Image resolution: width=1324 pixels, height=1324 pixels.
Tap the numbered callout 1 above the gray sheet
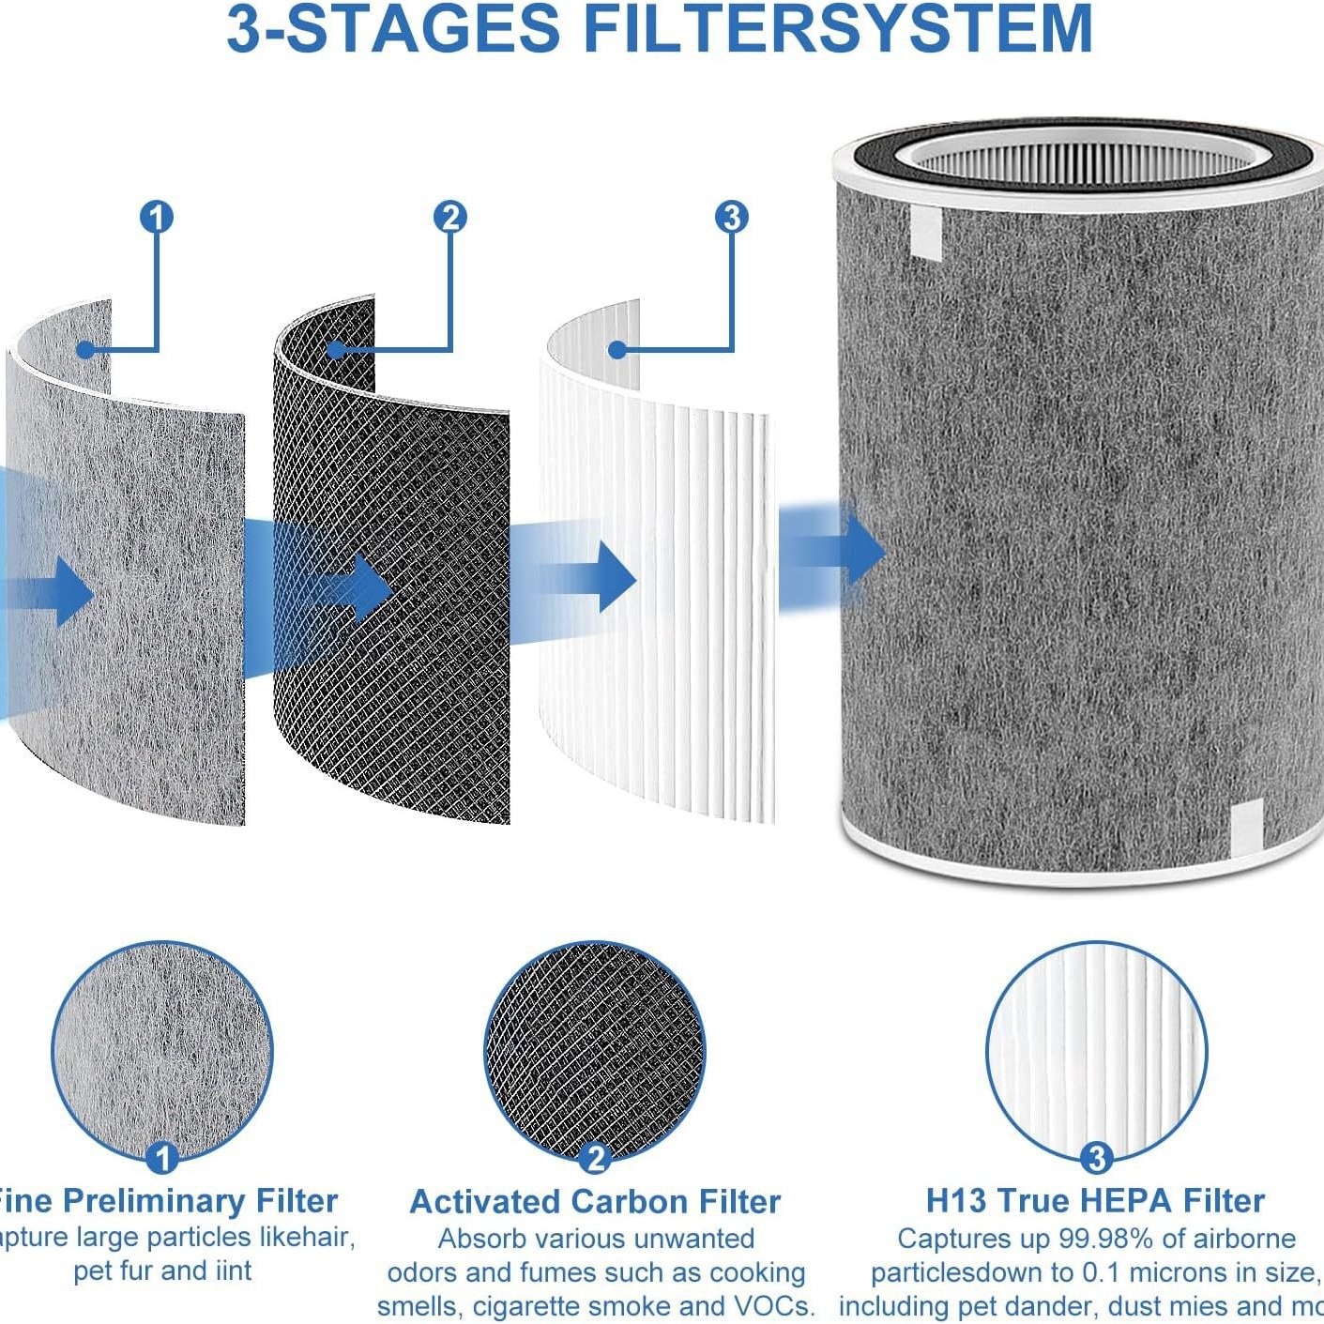tap(157, 218)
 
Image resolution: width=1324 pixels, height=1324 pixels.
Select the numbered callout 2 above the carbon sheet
tap(450, 218)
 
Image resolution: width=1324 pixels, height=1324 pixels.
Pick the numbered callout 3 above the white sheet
tap(732, 218)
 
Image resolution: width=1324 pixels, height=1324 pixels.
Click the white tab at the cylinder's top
tap(926, 232)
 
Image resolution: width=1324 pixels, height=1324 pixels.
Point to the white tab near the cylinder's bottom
tap(1246, 829)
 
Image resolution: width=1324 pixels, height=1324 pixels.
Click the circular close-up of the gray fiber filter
tap(162, 1051)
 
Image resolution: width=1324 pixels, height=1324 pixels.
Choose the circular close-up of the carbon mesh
tap(595, 1051)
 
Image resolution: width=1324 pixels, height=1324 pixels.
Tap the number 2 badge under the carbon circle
tap(595, 1158)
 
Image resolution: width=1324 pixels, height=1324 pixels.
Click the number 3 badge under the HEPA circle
tap(1096, 1158)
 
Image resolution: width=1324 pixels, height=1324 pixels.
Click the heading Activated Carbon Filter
tap(595, 1202)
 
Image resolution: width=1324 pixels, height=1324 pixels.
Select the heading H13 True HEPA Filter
tap(1095, 1201)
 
